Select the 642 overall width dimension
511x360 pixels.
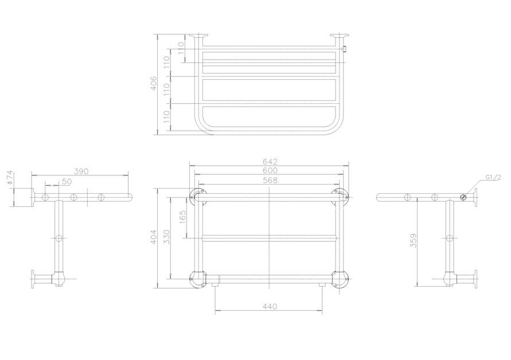point(270,162)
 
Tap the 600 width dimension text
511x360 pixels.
point(270,170)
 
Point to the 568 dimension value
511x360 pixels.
point(270,180)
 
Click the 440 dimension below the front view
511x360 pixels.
point(270,307)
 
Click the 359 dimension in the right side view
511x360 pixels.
point(413,241)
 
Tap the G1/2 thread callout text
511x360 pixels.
point(493,177)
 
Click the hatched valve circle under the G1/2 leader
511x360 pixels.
point(463,198)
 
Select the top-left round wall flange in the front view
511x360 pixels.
point(197,195)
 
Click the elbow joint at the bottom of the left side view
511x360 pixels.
point(57,279)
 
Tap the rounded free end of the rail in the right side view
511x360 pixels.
point(380,197)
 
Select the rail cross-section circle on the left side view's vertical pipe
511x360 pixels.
point(58,238)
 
